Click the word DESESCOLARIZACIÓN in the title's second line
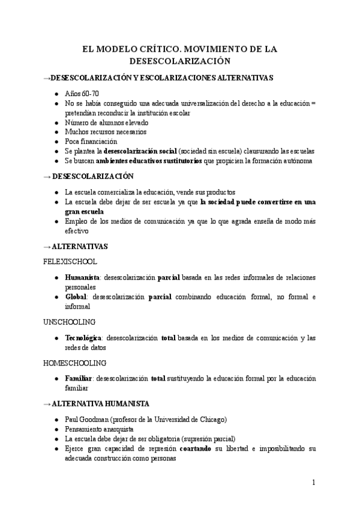pos(180,61)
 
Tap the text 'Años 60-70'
pos(82,95)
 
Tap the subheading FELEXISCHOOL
pos(70,262)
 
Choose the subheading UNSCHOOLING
pos(69,322)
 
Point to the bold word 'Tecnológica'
pos(83,338)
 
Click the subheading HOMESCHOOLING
pos(75,363)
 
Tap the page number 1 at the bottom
pos(313,482)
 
